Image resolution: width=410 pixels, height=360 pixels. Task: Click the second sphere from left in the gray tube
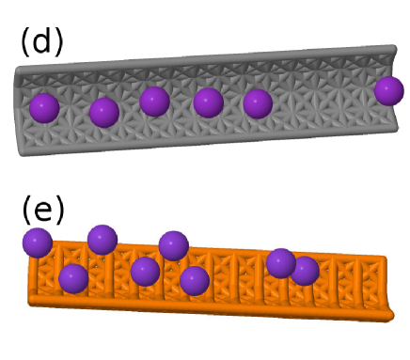[103, 113]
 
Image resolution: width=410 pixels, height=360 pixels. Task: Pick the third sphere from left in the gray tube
[154, 101]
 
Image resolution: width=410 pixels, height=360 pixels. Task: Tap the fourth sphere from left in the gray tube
[208, 102]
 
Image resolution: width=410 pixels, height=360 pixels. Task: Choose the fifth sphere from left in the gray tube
[258, 103]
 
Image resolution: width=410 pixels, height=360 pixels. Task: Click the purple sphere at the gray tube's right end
[388, 91]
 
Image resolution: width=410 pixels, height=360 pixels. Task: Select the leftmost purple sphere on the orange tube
[37, 243]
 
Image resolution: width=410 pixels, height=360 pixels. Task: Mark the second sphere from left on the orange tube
[73, 278]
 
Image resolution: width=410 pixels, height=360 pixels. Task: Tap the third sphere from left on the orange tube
[102, 240]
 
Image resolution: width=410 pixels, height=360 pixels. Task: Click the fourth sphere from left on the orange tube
[145, 272]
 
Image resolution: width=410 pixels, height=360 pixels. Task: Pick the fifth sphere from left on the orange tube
[173, 245]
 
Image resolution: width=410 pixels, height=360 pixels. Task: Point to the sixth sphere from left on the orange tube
[194, 280]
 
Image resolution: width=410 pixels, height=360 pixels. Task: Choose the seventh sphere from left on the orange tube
[280, 262]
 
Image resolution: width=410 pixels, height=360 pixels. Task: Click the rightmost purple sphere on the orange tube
[304, 271]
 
